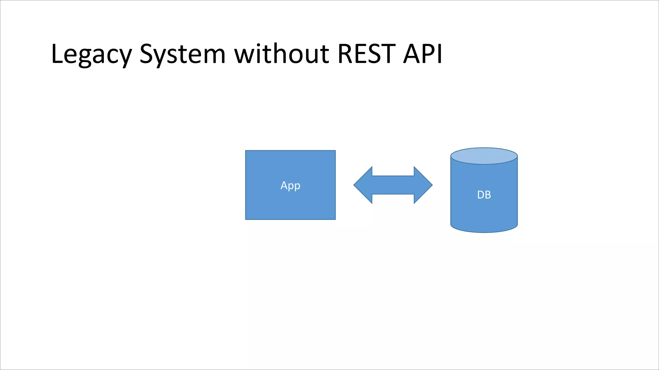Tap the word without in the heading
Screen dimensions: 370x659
[282, 54]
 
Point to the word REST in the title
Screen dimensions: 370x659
[367, 54]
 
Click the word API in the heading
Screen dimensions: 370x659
[423, 54]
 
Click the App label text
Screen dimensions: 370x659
[290, 186]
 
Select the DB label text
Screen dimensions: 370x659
[484, 195]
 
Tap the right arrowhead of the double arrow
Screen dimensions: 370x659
[423, 185]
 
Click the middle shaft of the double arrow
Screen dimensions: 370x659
[393, 185]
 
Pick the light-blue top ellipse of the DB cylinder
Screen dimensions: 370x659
[484, 156]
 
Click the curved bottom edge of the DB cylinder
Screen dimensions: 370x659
[484, 232]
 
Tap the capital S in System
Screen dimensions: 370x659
[146, 54]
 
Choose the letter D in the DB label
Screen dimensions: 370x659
[480, 195]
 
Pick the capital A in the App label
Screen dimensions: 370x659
[283, 185]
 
